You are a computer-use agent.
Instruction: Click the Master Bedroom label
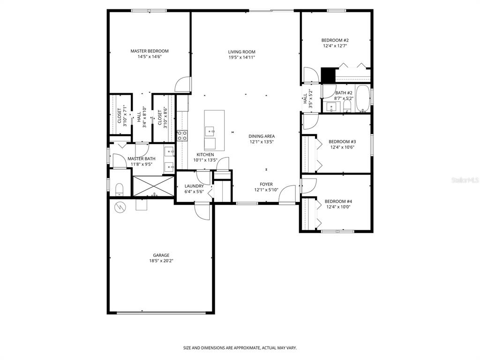tap(149, 51)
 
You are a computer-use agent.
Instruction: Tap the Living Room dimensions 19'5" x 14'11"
tap(241, 57)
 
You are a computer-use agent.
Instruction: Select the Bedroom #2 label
tap(335, 40)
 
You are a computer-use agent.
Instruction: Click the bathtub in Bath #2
tap(362, 98)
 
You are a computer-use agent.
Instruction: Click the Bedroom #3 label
tap(342, 142)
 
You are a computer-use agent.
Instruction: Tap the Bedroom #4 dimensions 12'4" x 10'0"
tap(338, 207)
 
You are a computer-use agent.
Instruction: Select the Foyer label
tap(266, 184)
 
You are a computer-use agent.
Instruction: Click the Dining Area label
tap(262, 136)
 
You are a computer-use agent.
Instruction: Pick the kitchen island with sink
tap(214, 130)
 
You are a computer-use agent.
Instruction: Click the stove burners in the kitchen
tap(182, 135)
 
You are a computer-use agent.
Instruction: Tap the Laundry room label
tap(194, 186)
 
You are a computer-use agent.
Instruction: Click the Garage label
tap(161, 255)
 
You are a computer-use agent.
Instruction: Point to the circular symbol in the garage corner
tap(120, 207)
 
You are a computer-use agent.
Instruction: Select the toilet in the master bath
tap(119, 189)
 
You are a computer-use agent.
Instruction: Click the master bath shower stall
tap(153, 186)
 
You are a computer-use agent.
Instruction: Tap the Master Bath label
tap(142, 159)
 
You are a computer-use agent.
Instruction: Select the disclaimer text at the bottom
tap(240, 348)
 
